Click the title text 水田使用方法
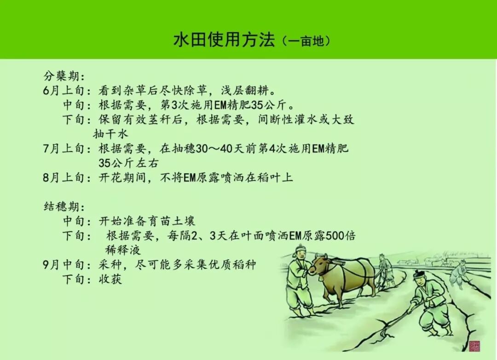(x=224, y=40)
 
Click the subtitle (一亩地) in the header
(x=306, y=41)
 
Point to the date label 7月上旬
(x=64, y=148)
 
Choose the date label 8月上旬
(x=64, y=177)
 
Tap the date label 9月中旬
(x=64, y=265)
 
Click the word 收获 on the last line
(x=110, y=279)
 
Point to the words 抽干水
(x=110, y=134)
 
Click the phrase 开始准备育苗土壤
(x=147, y=221)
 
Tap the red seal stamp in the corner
(x=475, y=345)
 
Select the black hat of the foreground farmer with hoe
(x=418, y=274)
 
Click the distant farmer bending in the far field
(x=458, y=272)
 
